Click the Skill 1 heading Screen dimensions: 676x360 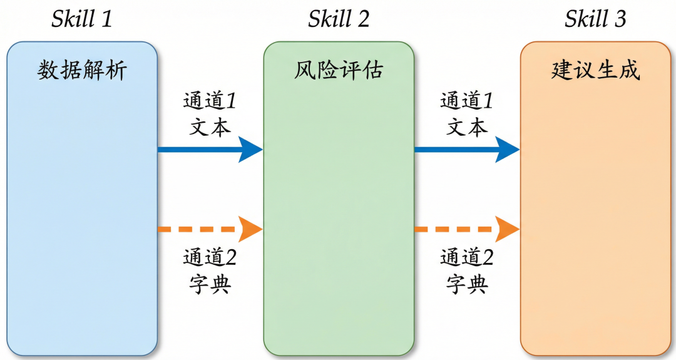pos(82,19)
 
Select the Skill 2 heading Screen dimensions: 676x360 pos(339,19)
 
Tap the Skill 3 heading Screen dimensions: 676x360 pos(595,19)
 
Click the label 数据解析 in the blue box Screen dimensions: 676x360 pos(82,70)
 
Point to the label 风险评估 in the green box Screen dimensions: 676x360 pos(339,70)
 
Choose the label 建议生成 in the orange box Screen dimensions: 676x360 pos(595,70)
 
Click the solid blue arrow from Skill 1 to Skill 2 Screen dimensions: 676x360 pos(210,150)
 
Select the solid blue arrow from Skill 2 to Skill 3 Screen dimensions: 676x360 pos(467,150)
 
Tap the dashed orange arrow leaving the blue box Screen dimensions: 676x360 pos(210,229)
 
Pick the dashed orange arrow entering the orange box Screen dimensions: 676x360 pos(467,229)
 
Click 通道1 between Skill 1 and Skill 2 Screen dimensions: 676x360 pos(210,101)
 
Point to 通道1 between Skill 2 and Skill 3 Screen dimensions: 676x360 pos(466,101)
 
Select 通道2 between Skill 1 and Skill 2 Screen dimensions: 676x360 pos(210,257)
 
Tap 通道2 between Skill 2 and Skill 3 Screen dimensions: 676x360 pos(467,257)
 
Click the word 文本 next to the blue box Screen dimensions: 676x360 pos(210,127)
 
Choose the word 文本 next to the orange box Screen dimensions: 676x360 pos(467,127)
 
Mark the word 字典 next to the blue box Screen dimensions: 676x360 pos(210,284)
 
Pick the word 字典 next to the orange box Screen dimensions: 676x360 pos(467,284)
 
